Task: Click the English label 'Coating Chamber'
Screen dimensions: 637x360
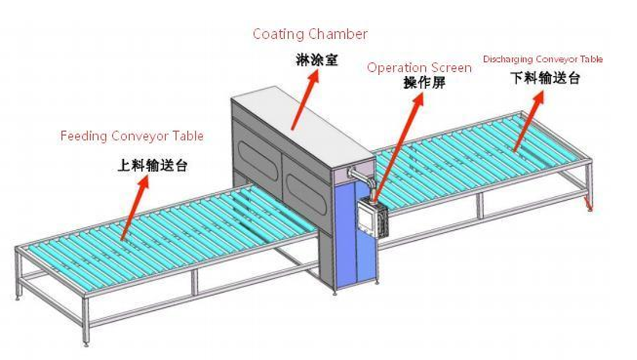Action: [x=310, y=34]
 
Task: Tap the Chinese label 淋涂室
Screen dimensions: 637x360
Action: [x=316, y=60]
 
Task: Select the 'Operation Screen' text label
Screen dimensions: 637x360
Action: [x=419, y=68]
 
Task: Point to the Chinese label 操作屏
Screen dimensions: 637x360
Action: [x=425, y=83]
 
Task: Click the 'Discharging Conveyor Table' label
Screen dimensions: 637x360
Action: [x=543, y=59]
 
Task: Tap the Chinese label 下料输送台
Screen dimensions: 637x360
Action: [x=545, y=78]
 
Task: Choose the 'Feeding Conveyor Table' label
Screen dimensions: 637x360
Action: [x=132, y=135]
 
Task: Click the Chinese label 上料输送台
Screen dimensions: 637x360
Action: [x=152, y=166]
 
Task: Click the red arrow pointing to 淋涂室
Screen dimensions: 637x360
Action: [x=305, y=100]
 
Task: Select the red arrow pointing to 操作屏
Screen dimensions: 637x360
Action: [x=399, y=146]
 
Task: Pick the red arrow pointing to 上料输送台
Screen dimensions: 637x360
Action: [x=134, y=207]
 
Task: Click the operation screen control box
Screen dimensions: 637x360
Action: [x=373, y=218]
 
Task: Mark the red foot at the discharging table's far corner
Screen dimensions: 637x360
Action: [x=588, y=204]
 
